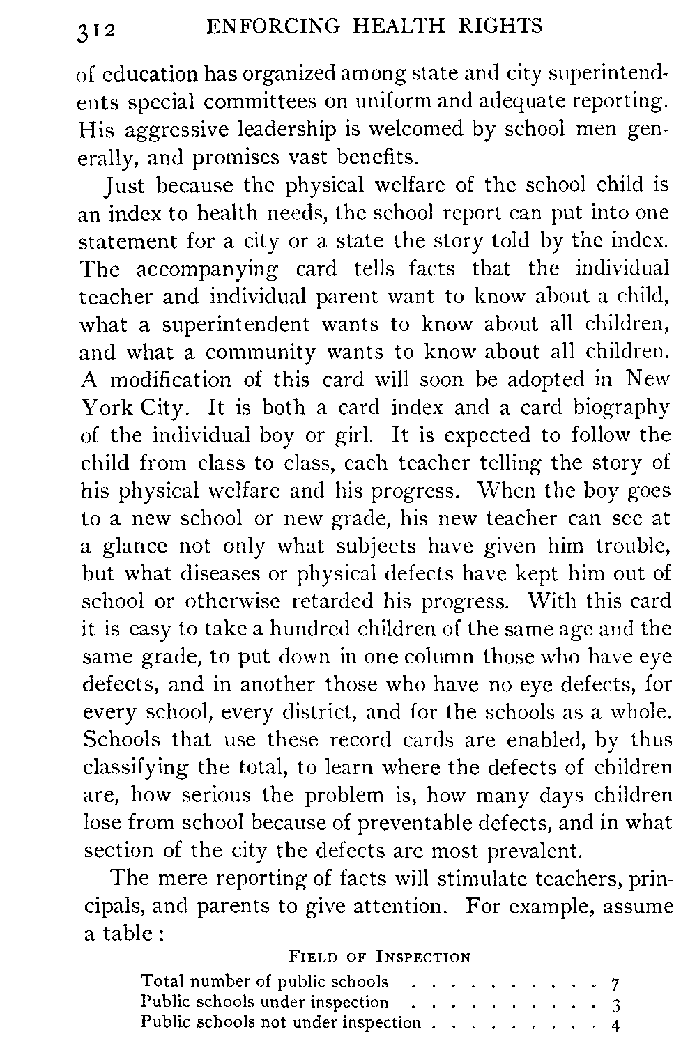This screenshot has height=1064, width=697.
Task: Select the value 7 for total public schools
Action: coord(614,985)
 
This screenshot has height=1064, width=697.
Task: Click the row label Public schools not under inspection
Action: coord(281,1023)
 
